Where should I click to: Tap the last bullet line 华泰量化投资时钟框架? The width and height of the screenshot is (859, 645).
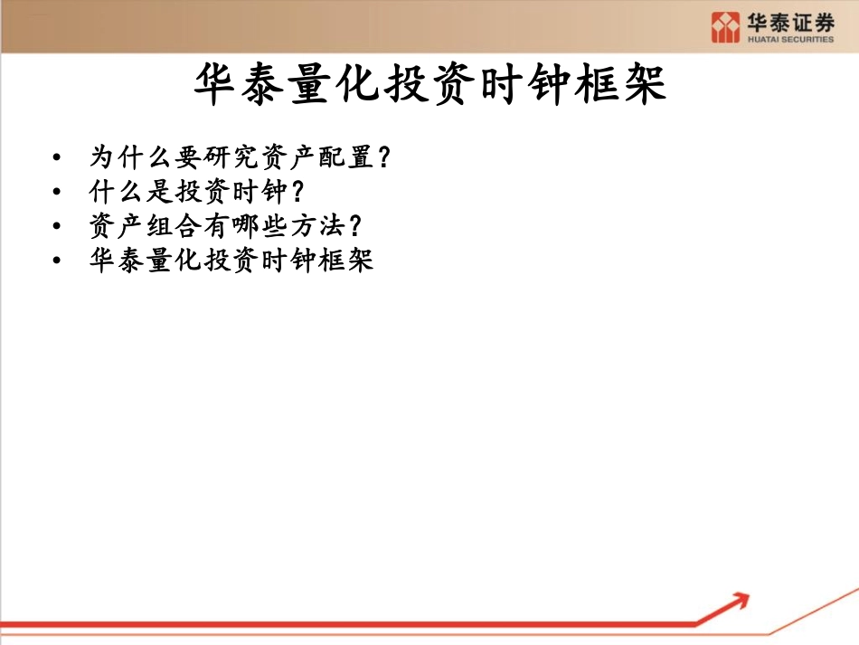click(231, 261)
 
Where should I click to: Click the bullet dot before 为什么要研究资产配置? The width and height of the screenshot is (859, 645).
click(58, 157)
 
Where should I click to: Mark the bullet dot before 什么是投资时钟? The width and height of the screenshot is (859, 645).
click(58, 193)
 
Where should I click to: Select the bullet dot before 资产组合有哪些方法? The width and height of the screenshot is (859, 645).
click(58, 227)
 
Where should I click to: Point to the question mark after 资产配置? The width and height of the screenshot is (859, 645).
click(383, 157)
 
